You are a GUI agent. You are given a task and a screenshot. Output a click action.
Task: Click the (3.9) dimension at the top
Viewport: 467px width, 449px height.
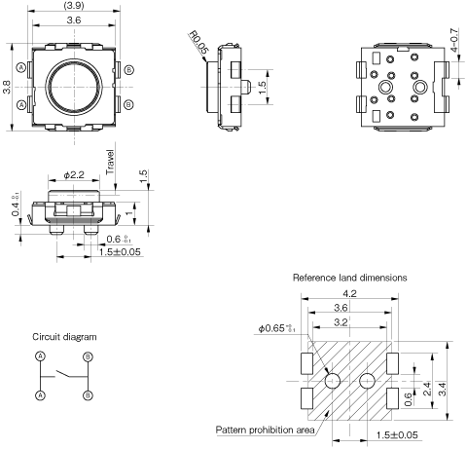(73, 6)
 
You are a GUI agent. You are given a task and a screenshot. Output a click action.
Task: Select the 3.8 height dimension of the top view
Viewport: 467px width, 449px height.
(8, 85)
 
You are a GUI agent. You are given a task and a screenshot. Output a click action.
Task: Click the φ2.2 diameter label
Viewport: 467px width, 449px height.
(74, 173)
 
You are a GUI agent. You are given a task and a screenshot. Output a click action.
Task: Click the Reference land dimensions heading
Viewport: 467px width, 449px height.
(350, 278)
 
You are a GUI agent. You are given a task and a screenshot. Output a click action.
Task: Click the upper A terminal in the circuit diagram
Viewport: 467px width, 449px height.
(40, 356)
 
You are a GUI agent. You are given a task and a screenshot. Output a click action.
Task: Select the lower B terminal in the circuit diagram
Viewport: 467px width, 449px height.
(87, 395)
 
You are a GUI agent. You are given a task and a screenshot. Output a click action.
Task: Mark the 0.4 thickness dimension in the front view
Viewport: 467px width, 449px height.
(16, 208)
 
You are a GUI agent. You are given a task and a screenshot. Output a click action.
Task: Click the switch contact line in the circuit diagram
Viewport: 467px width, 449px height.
(63, 373)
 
